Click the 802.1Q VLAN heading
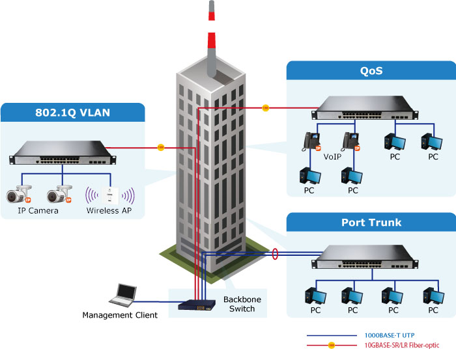click(x=73, y=113)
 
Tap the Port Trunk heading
click(x=371, y=222)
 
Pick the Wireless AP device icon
click(x=111, y=195)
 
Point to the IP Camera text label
click(x=37, y=211)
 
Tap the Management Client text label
click(x=120, y=316)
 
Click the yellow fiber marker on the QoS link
click(x=265, y=108)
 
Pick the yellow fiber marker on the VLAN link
click(x=160, y=147)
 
